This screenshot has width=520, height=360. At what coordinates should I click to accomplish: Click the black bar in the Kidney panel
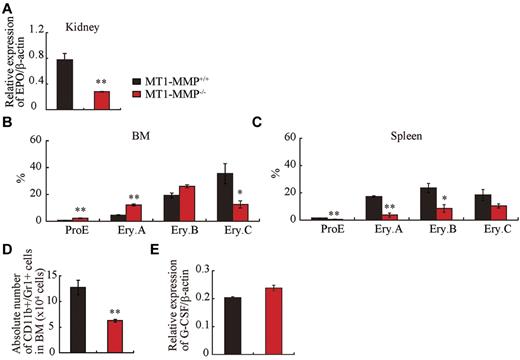pos(64,84)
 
